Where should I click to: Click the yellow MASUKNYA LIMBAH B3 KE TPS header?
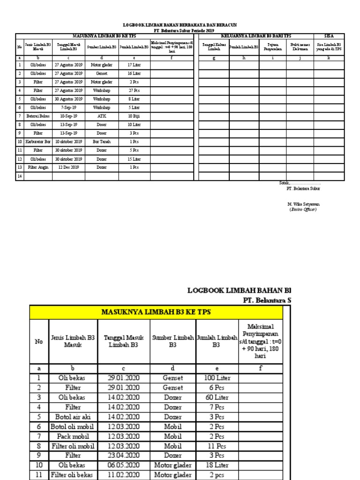click(156, 312)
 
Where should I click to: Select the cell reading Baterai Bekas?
click(38, 116)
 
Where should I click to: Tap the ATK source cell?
click(102, 116)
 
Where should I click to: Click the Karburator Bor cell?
click(38, 142)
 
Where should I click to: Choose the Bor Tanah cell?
click(102, 142)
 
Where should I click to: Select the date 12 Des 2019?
click(68, 167)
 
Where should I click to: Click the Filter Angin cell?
click(38, 167)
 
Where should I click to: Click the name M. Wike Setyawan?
click(304, 204)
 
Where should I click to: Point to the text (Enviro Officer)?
click(303, 210)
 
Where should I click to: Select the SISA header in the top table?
click(329, 36)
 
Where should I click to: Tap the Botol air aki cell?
click(73, 417)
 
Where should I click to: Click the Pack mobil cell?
click(73, 436)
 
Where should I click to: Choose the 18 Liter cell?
click(217, 465)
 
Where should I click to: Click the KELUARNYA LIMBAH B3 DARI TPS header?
click(255, 36)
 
